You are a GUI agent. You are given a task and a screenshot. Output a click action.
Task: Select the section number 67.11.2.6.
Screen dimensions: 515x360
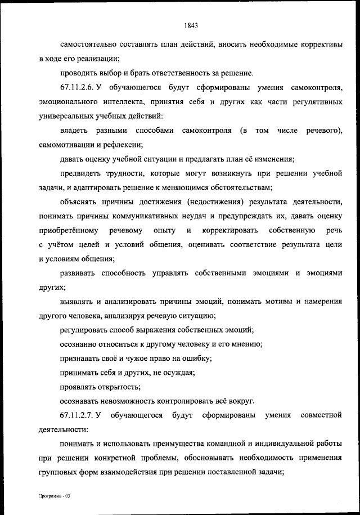[x=77, y=88]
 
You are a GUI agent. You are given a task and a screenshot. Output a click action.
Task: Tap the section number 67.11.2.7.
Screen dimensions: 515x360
[x=77, y=415]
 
